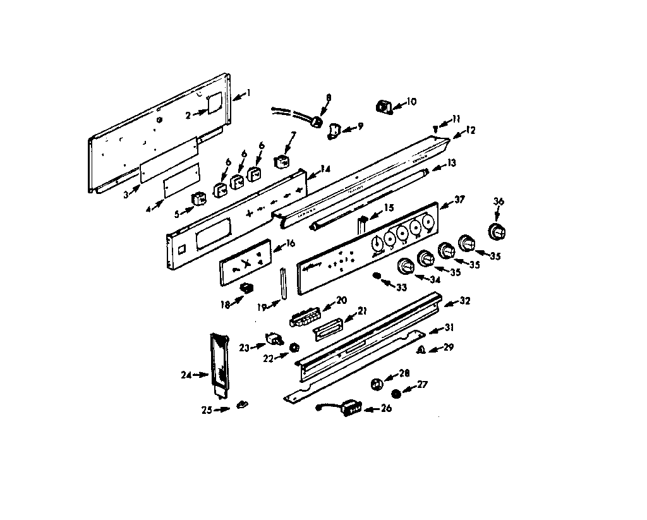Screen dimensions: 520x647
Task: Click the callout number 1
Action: click(x=248, y=92)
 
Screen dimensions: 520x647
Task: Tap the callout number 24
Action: click(x=186, y=375)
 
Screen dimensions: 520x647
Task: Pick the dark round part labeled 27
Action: click(x=396, y=394)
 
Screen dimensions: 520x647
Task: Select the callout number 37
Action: click(x=459, y=200)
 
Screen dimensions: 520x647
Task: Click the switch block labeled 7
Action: click(x=282, y=161)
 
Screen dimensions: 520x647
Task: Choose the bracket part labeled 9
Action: click(x=334, y=130)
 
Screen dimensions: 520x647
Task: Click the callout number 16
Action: click(x=290, y=243)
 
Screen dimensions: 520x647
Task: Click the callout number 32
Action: click(x=465, y=301)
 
